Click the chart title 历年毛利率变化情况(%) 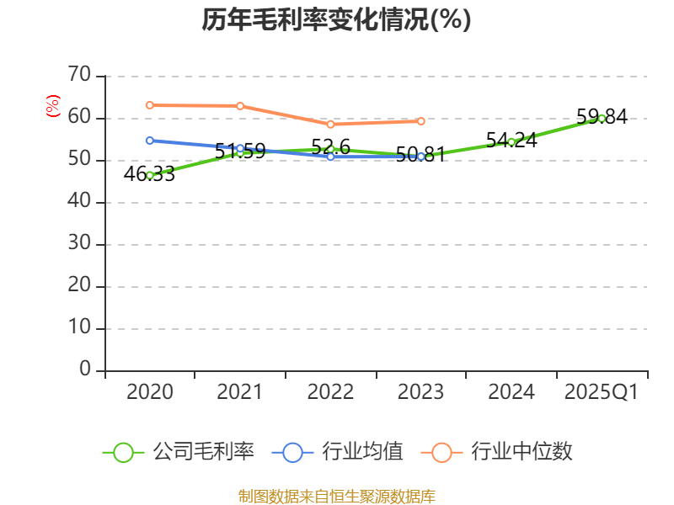pyautogui.click(x=336, y=19)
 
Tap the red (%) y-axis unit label pyautogui.click(x=52, y=107)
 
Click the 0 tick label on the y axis pyautogui.click(x=85, y=369)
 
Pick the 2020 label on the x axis pyautogui.click(x=150, y=392)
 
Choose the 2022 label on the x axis pyautogui.click(x=330, y=392)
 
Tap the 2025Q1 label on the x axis pyautogui.click(x=601, y=392)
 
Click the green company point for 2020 pyautogui.click(x=150, y=175)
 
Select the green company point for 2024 pyautogui.click(x=511, y=141)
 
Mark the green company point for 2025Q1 pyautogui.click(x=602, y=118)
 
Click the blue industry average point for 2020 pyautogui.click(x=150, y=141)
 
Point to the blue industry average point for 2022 pyautogui.click(x=330, y=157)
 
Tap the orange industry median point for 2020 pyautogui.click(x=150, y=105)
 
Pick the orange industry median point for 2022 pyautogui.click(x=330, y=124)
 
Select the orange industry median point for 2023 pyautogui.click(x=421, y=121)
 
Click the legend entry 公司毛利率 pyautogui.click(x=179, y=452)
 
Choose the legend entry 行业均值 pyautogui.click(x=338, y=452)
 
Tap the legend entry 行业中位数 pyautogui.click(x=502, y=452)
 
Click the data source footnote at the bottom pyautogui.click(x=336, y=496)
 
